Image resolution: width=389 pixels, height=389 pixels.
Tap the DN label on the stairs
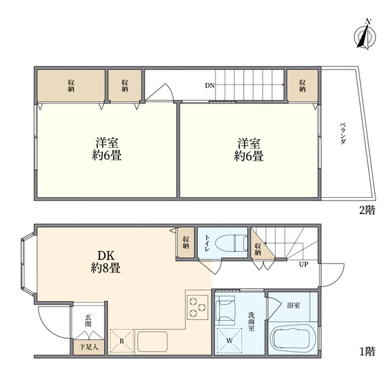[209, 86]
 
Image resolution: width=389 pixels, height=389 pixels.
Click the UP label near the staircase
[304, 264]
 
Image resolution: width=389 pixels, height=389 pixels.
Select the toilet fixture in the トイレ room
[232, 242]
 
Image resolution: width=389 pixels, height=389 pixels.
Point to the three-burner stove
[198, 307]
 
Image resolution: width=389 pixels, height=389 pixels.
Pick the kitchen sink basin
[153, 342]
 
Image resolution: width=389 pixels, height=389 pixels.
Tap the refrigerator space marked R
[122, 341]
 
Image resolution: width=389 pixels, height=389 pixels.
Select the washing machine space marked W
[230, 340]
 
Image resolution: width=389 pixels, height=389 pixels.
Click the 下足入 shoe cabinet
[88, 347]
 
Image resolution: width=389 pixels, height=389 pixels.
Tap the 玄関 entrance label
[88, 321]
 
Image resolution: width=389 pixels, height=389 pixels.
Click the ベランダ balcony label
[342, 134]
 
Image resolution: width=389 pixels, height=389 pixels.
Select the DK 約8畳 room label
[106, 262]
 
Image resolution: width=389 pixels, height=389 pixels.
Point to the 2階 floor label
[367, 210]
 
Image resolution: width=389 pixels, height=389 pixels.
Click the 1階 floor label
[367, 351]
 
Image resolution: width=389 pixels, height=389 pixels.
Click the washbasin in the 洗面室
[226, 309]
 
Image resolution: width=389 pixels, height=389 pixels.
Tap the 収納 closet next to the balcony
[303, 86]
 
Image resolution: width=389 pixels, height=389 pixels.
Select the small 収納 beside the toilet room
[186, 242]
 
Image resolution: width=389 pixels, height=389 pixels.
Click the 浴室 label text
[294, 305]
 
